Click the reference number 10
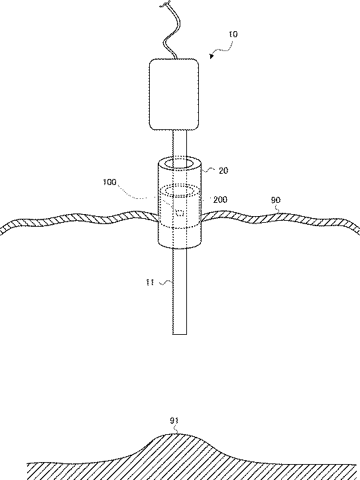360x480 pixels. tap(233, 34)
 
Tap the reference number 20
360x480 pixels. tap(223, 170)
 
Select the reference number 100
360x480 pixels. tap(109, 182)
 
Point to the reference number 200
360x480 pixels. tap(220, 200)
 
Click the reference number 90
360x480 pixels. tap(276, 200)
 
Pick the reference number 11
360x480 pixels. tap(150, 282)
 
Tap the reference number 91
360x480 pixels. tap(174, 421)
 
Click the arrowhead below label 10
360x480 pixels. tap(211, 56)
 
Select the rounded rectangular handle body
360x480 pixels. tap(174, 94)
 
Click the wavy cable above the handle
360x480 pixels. tap(172, 30)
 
